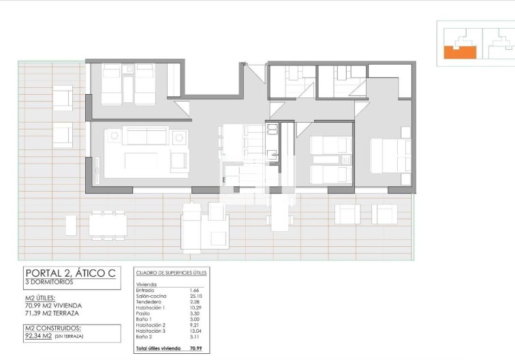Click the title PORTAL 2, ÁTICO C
70,273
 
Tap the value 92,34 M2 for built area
39,335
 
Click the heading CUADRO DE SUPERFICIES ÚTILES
171,273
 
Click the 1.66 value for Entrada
193,290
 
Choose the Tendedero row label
150,301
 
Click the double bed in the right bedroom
390,155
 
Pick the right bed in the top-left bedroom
145,85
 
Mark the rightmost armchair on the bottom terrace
384,214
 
